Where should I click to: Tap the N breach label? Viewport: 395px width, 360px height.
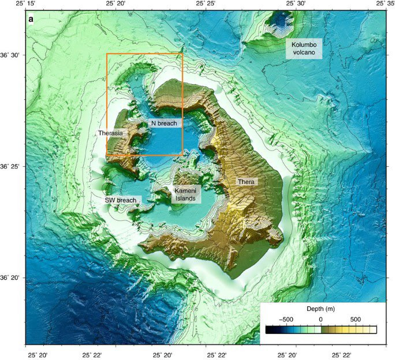(x=164, y=123)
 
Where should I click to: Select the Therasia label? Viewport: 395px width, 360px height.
(x=110, y=133)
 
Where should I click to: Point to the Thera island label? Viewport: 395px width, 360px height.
(x=247, y=182)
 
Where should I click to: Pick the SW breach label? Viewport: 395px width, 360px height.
(x=120, y=200)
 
